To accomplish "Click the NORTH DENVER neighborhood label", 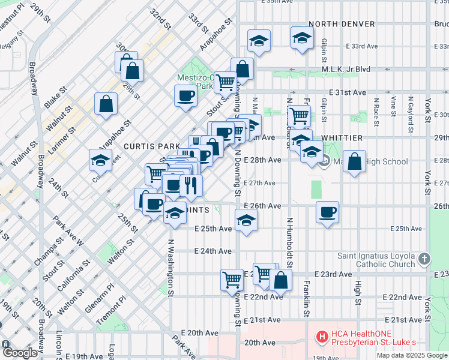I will (342, 24).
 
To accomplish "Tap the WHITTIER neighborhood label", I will (342, 138).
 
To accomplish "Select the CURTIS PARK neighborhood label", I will (148, 146).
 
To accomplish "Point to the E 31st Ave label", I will (347, 92).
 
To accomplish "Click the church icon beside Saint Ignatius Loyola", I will (424, 259).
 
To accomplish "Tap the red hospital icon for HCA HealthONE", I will (322, 338).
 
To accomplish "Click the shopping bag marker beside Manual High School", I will (355, 161).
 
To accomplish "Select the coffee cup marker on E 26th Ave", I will (328, 212).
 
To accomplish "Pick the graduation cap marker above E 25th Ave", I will (246, 220).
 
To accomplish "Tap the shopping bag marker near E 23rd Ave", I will (280, 279).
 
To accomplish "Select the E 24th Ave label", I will (213, 251).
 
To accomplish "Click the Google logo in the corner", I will (19, 353).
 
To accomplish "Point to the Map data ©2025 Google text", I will (412, 355).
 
